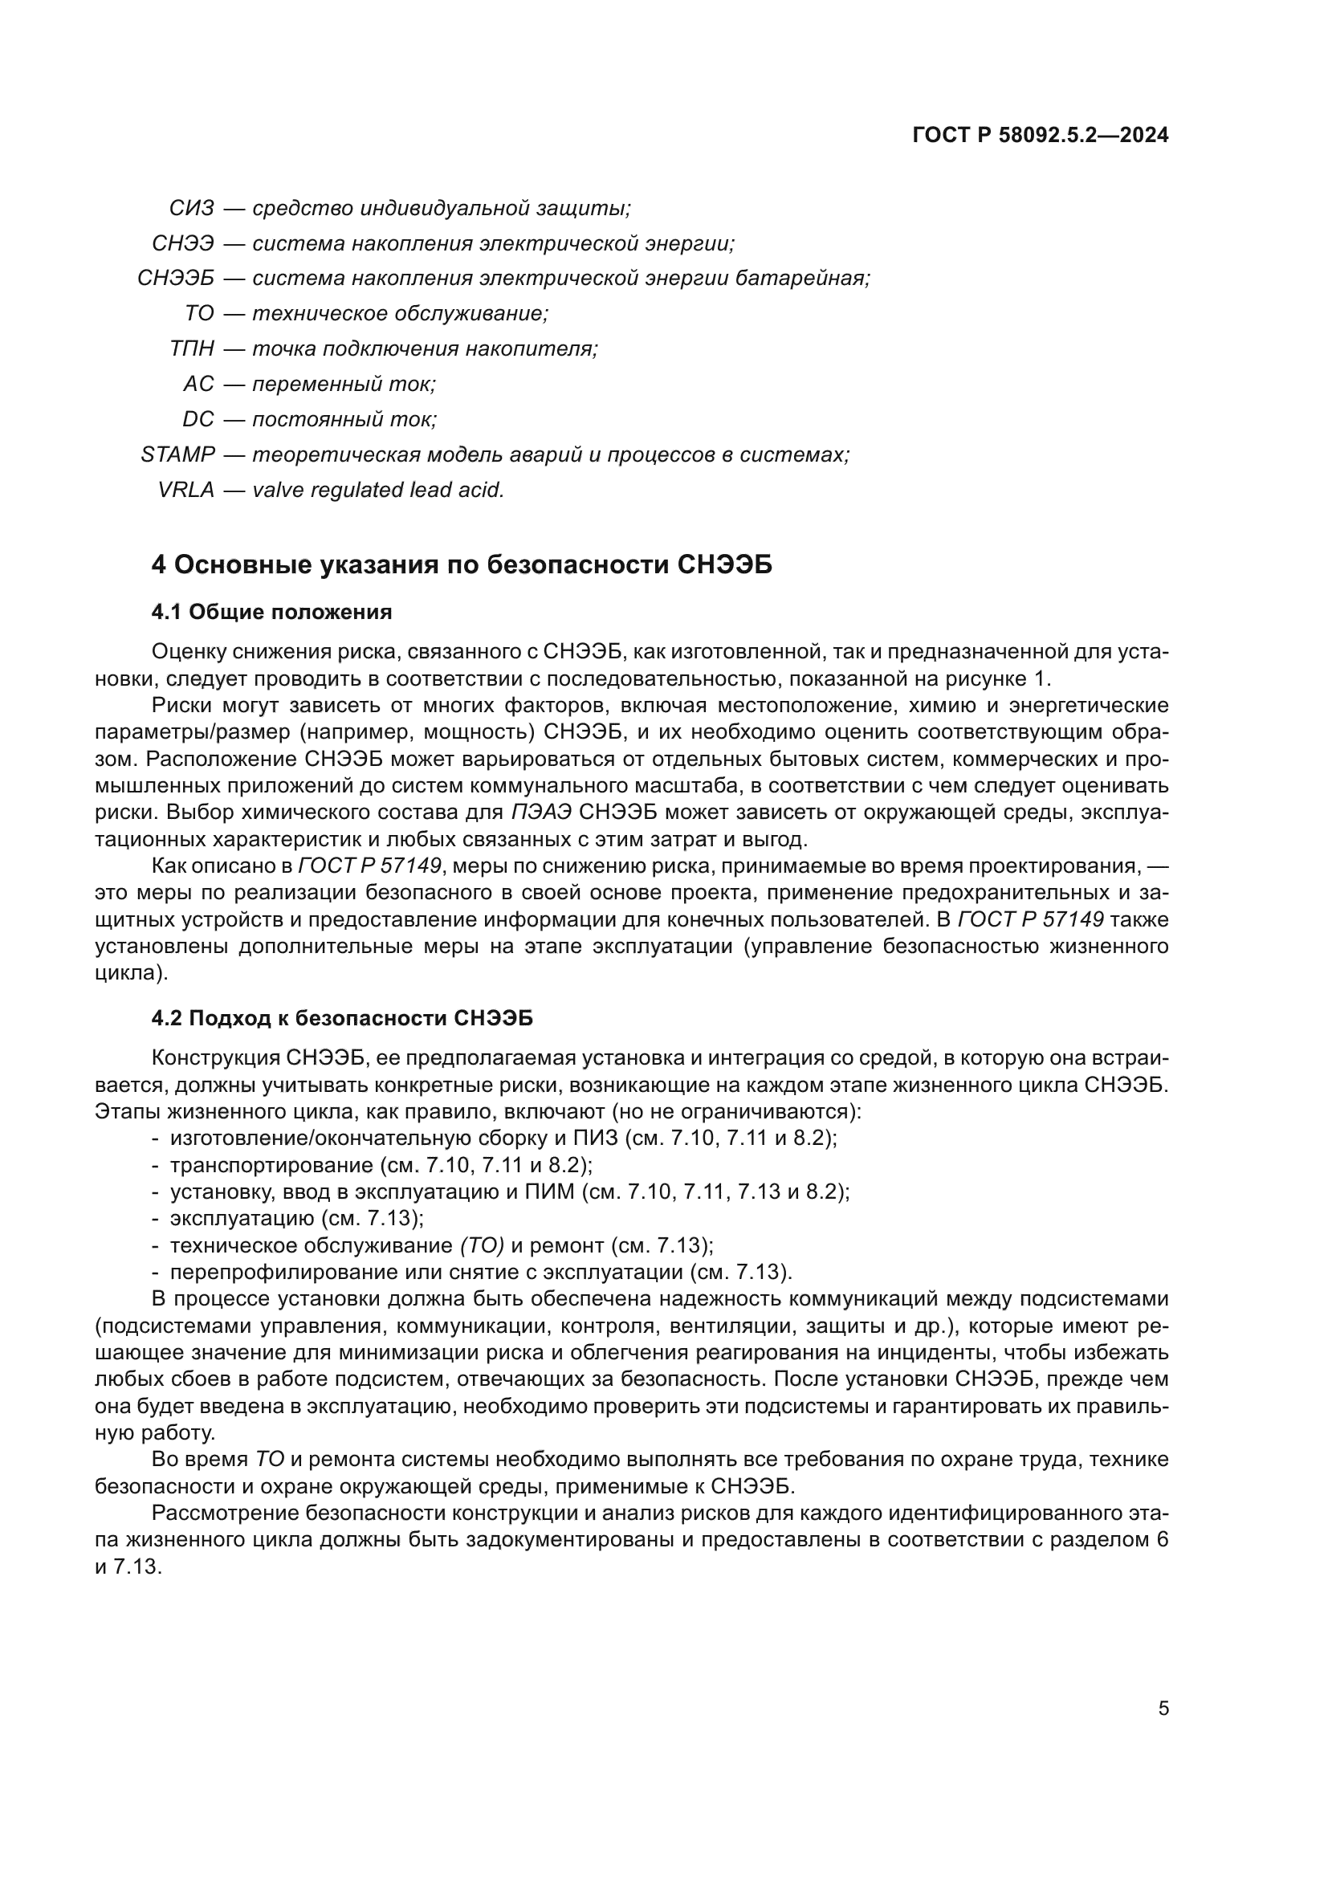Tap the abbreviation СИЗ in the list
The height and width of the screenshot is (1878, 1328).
(x=191, y=209)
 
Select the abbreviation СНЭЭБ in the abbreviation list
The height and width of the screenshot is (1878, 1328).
(x=175, y=279)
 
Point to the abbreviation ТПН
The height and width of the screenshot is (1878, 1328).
(x=191, y=349)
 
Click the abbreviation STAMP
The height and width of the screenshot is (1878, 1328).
(x=177, y=454)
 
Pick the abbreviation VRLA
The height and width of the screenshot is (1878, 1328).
(x=185, y=490)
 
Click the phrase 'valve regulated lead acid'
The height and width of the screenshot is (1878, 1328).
(x=378, y=490)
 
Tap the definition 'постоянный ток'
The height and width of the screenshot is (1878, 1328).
(x=344, y=420)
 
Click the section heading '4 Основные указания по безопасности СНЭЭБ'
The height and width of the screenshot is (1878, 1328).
(x=462, y=565)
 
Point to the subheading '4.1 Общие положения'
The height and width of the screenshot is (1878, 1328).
(x=271, y=612)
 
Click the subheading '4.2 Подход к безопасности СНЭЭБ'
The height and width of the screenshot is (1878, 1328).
(x=342, y=1018)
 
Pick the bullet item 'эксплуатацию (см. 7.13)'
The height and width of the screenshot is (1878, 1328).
(x=296, y=1219)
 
